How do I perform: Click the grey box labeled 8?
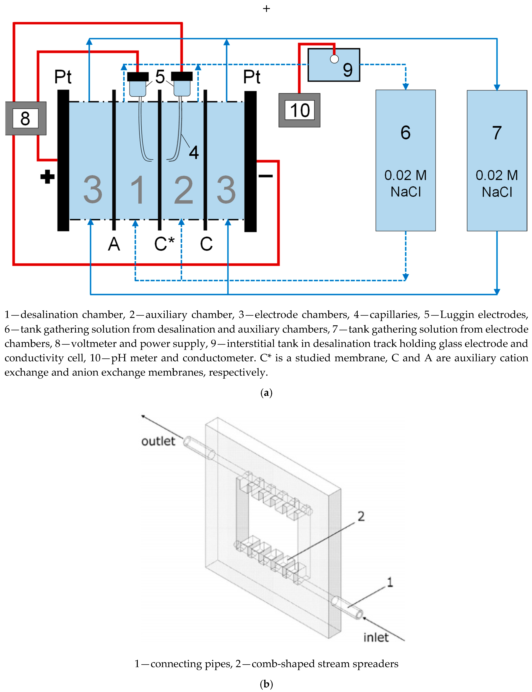(x=25, y=118)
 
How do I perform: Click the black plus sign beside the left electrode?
(x=47, y=177)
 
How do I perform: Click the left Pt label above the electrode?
(x=63, y=77)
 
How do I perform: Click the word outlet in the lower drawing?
(x=158, y=441)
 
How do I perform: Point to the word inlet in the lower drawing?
(x=376, y=637)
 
